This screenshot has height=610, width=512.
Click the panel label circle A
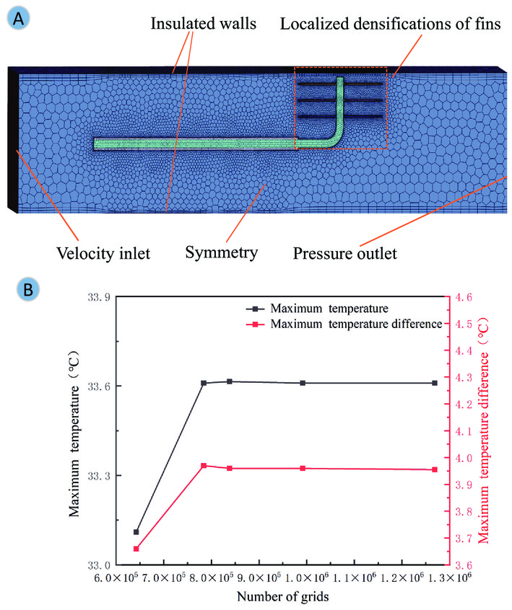(x=18, y=18)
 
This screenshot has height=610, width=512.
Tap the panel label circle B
(x=28, y=289)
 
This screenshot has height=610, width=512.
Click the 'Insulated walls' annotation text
(x=204, y=23)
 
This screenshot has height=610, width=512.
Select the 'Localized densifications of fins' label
(x=390, y=24)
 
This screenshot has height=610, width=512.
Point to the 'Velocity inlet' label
(x=103, y=253)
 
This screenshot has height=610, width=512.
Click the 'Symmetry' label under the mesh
(x=221, y=253)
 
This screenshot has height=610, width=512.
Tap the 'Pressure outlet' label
(x=345, y=253)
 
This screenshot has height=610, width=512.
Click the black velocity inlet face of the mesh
(x=13, y=140)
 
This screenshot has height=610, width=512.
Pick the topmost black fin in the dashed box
(x=340, y=84)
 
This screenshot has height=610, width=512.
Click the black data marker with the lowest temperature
(x=136, y=532)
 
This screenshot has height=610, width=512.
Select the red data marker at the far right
(x=435, y=469)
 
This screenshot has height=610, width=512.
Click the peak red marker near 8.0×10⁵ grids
(x=204, y=466)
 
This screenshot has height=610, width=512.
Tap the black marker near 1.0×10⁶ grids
(x=303, y=383)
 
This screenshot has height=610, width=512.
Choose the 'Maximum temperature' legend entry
(x=317, y=309)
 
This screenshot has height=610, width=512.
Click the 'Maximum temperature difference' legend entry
(x=344, y=324)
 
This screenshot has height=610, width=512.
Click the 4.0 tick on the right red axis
(x=464, y=458)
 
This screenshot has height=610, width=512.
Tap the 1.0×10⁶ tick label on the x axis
(x=307, y=578)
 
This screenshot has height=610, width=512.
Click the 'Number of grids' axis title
(x=283, y=596)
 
